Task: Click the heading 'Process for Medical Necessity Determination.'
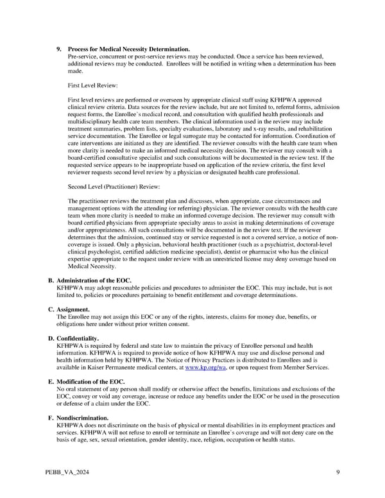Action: (x=128, y=49)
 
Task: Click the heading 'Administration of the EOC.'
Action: (x=94, y=281)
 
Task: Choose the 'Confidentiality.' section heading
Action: (x=78, y=338)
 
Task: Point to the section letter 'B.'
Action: (x=51, y=281)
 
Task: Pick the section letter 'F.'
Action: (x=51, y=418)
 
